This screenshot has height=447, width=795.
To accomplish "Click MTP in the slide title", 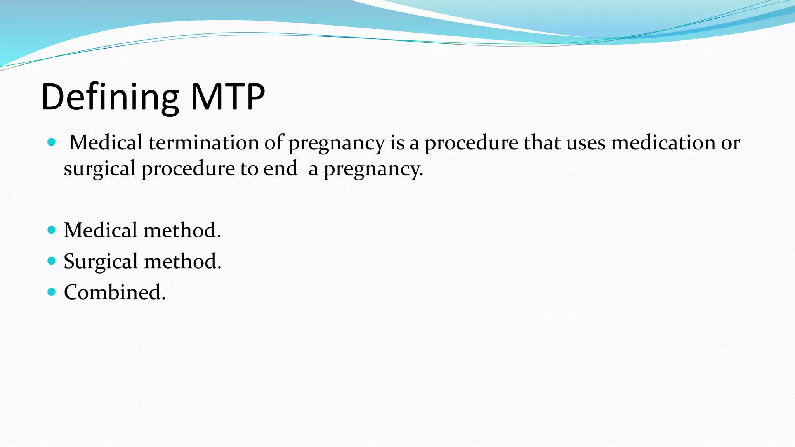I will pyautogui.click(x=227, y=97).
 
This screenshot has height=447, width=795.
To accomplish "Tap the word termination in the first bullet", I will pyautogui.click(x=204, y=142).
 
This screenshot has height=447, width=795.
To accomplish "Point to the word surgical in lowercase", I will pyautogui.click(x=99, y=169).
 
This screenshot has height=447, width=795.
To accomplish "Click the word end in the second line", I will pyautogui.click(x=280, y=168).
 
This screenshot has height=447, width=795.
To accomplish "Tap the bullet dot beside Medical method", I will pyautogui.click(x=51, y=230).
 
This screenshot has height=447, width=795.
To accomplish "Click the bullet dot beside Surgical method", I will pyautogui.click(x=51, y=261).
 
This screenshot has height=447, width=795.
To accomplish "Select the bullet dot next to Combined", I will pyautogui.click(x=51, y=291).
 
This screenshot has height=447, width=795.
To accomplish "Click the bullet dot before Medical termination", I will pyautogui.click(x=51, y=142).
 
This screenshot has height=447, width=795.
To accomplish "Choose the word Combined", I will pyautogui.click(x=115, y=292).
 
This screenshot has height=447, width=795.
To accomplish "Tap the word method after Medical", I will pyautogui.click(x=182, y=230).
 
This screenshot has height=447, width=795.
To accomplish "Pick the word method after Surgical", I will pyautogui.click(x=182, y=261).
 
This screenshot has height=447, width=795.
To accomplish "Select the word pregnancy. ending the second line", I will pyautogui.click(x=373, y=169).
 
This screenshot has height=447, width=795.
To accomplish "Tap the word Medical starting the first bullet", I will pyautogui.click(x=106, y=142).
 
